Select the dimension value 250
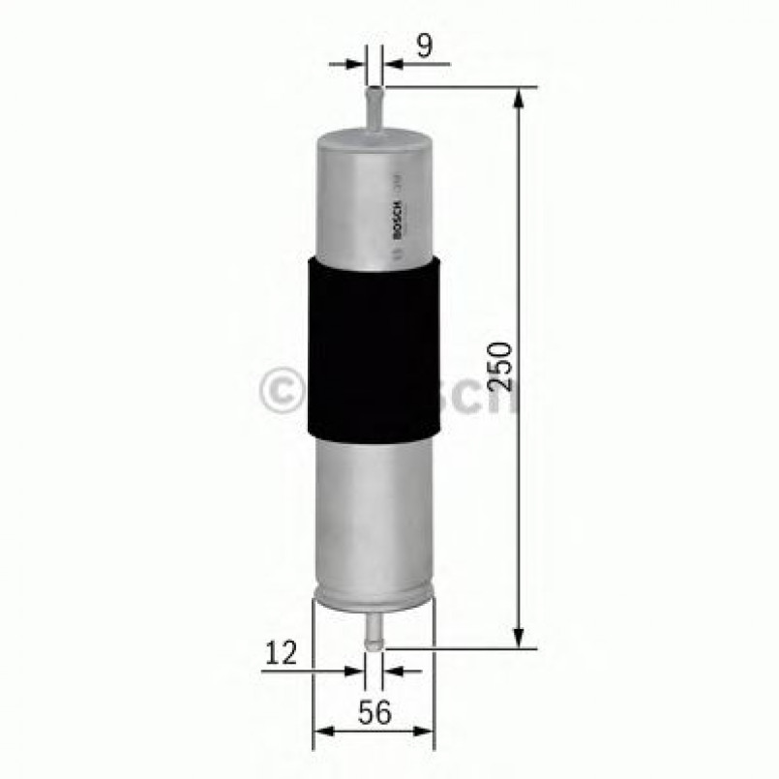(499, 365)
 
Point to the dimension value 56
(374, 713)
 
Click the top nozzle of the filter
(375, 106)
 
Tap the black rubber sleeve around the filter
(374, 349)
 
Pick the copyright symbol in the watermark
(280, 391)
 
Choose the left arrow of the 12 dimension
(356, 669)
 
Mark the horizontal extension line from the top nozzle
(455, 86)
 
